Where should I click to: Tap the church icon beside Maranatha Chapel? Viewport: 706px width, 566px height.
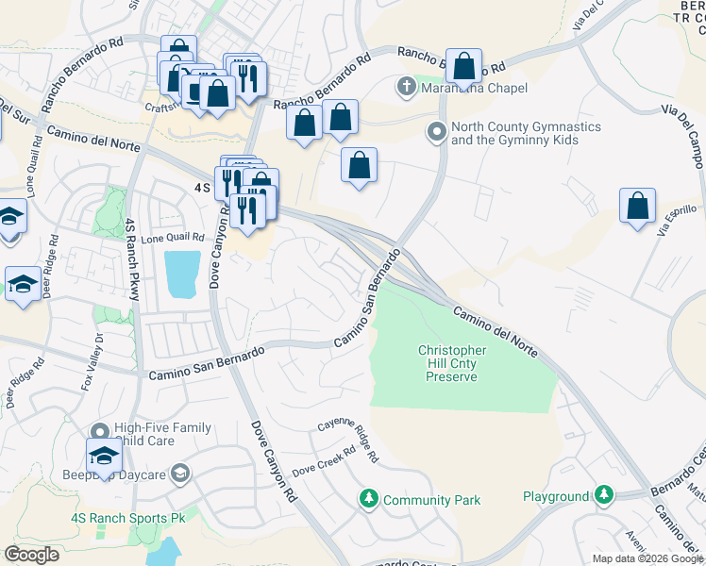click(x=407, y=88)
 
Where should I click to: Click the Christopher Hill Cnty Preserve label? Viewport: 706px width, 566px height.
click(x=452, y=363)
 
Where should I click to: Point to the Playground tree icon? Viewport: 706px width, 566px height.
click(x=602, y=495)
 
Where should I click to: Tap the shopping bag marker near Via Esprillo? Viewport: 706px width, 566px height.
click(x=637, y=208)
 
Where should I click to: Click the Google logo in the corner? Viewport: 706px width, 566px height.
click(x=31, y=554)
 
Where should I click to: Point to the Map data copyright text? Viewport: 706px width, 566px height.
click(x=647, y=558)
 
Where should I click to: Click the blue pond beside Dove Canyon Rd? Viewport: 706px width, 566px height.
click(x=182, y=274)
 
